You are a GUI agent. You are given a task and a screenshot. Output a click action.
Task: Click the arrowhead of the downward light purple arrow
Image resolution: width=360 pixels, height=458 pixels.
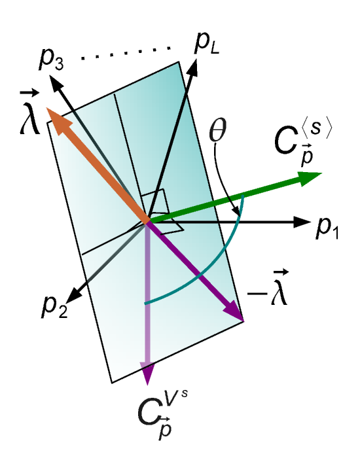148,373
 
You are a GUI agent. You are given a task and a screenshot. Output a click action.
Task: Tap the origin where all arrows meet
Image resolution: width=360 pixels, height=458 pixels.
148,220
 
